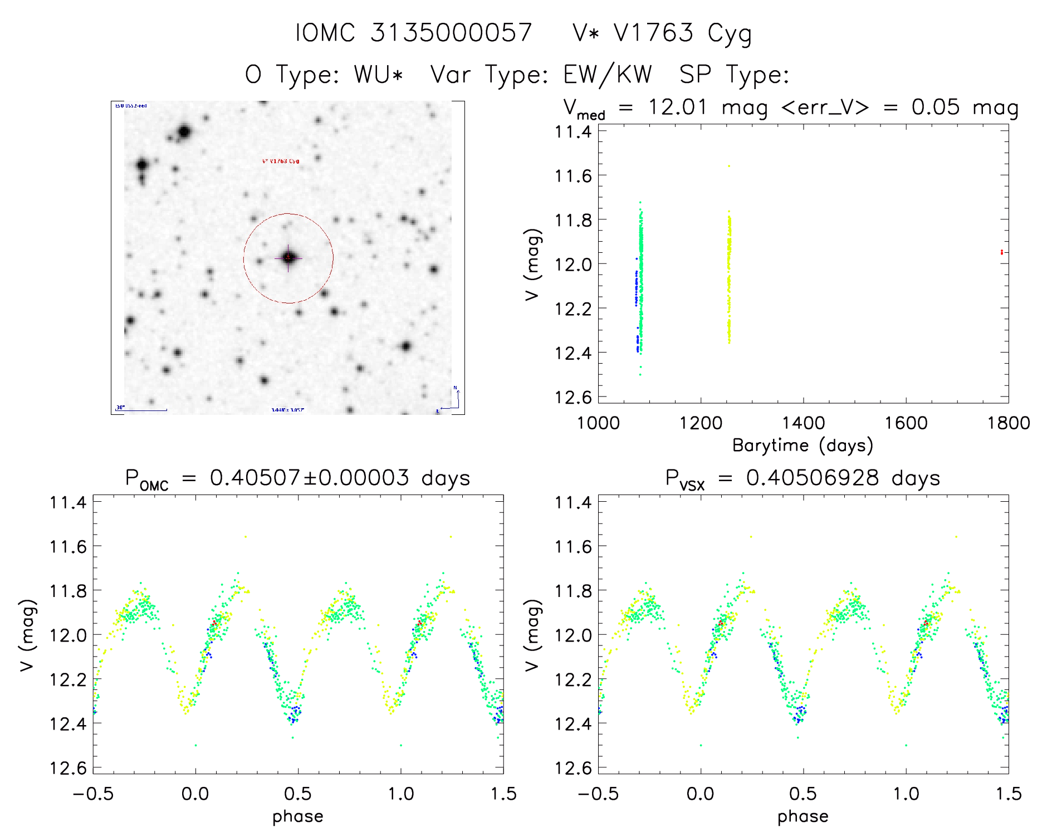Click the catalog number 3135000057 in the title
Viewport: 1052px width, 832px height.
click(451, 33)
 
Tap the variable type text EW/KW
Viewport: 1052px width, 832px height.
click(608, 74)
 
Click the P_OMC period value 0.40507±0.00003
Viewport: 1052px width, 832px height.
click(310, 478)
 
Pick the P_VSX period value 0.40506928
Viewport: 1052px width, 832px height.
click(813, 478)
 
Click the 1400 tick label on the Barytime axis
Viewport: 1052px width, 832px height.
click(803, 423)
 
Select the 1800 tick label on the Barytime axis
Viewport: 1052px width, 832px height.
click(1008, 423)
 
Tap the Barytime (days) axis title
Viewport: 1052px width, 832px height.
click(803, 446)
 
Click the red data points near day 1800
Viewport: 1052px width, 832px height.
click(1001, 252)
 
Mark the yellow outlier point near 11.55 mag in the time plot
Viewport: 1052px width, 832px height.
click(728, 166)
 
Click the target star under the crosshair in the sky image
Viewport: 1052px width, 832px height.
click(288, 258)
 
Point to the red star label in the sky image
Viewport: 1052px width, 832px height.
click(281, 161)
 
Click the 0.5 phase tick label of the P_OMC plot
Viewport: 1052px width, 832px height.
click(298, 794)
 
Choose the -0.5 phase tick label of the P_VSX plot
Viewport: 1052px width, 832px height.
click(598, 794)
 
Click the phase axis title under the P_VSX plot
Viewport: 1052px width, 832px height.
click(803, 816)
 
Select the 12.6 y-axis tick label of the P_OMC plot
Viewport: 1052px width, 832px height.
click(68, 768)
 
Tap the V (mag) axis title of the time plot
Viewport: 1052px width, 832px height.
click(533, 264)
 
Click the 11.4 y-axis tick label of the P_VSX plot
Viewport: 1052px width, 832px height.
click(573, 502)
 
